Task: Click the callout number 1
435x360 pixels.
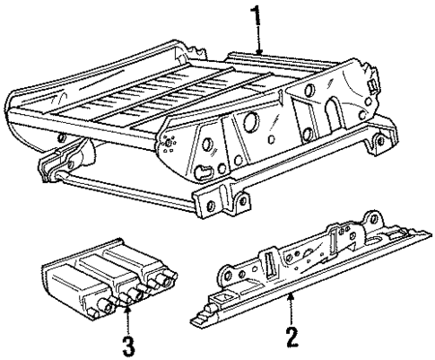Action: [x=257, y=16]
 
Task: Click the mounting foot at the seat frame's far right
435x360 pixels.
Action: [x=381, y=142]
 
